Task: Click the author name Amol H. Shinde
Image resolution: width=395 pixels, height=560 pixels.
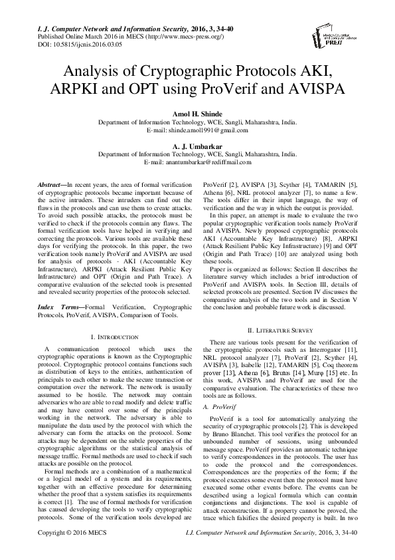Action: tap(197, 114)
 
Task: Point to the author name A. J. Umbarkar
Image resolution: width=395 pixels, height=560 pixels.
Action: tap(197, 145)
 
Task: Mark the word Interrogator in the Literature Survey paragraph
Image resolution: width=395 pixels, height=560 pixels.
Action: tap(328, 349)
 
